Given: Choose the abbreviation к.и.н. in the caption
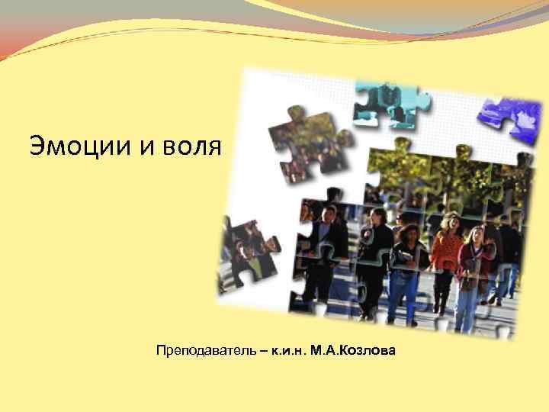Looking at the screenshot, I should pyautogui.click(x=285, y=352).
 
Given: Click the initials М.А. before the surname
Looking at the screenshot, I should pyautogui.click(x=323, y=352).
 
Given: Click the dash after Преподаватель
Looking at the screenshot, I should pyautogui.click(x=262, y=352).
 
